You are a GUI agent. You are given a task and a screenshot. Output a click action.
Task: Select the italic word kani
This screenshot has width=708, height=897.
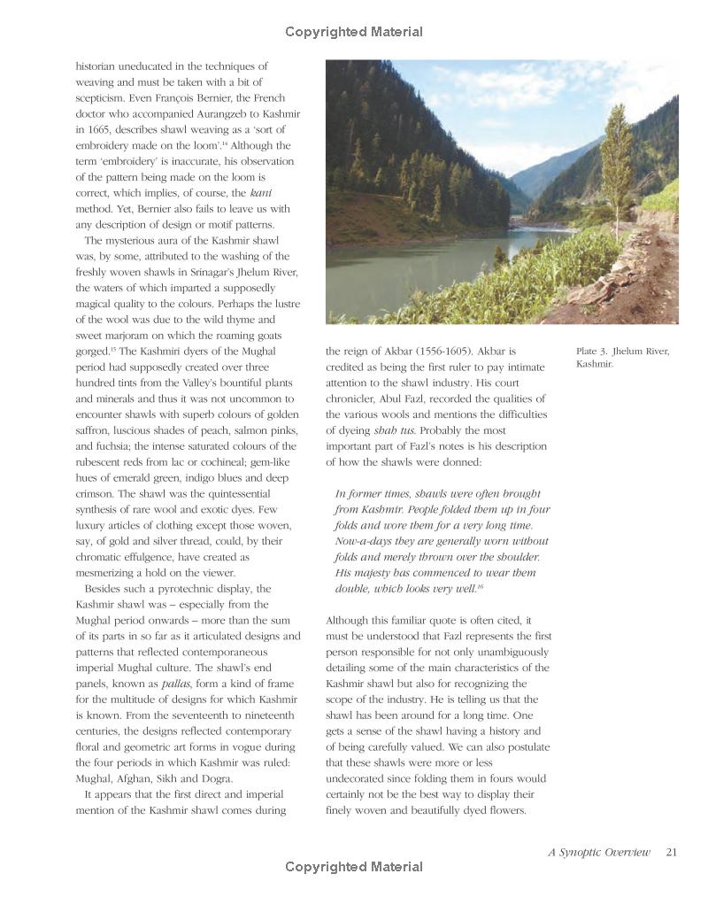click(260, 192)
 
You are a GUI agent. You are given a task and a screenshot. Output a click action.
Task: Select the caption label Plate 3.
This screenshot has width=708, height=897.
click(593, 352)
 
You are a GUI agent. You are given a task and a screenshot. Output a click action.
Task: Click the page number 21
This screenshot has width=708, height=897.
click(671, 853)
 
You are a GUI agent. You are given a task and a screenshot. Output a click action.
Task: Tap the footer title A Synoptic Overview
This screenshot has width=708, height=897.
click(598, 853)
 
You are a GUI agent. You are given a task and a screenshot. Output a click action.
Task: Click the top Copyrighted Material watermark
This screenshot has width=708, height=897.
click(354, 32)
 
